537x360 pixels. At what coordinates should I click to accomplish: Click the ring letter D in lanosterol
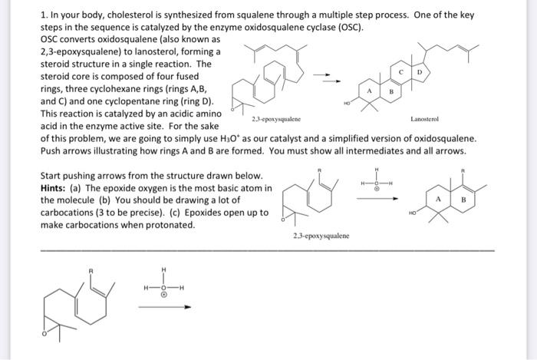tap(418, 71)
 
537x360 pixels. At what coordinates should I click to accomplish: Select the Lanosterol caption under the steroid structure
tap(424, 120)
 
